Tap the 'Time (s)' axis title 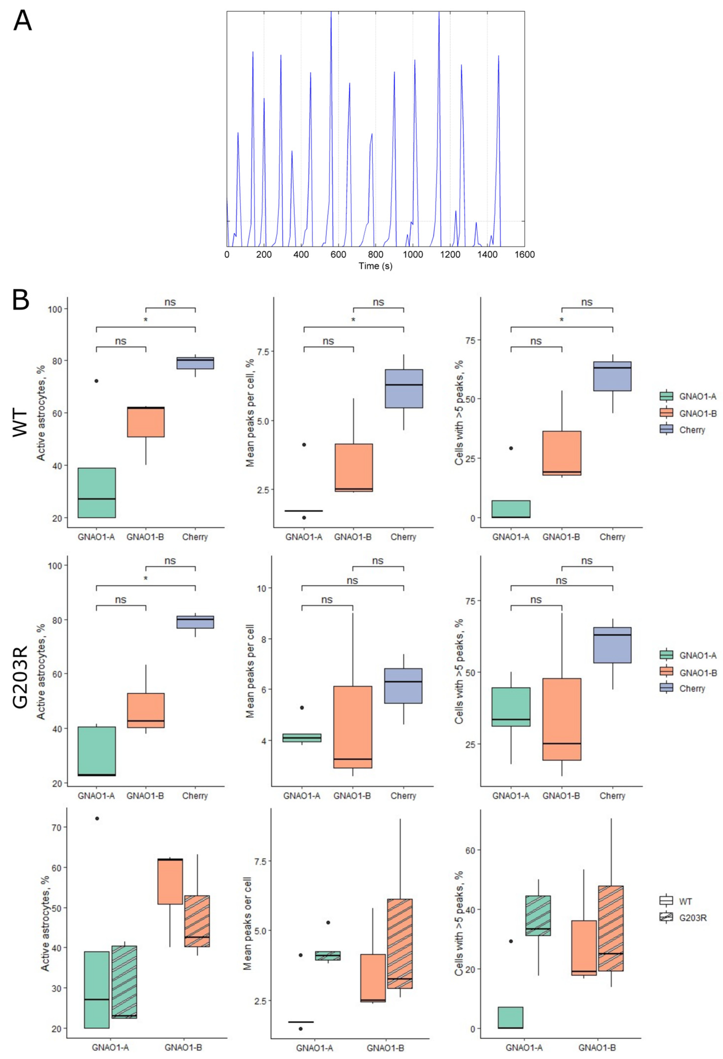click(375, 266)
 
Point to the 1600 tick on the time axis click(524, 255)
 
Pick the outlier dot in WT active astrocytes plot click(96, 381)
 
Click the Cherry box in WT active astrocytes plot click(195, 363)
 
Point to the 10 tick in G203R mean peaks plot click(261, 588)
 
